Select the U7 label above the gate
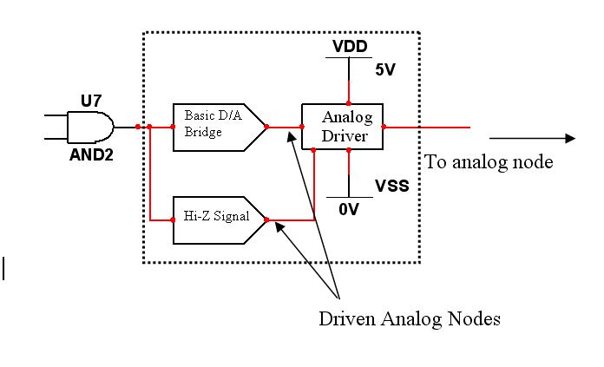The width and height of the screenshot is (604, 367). [91, 101]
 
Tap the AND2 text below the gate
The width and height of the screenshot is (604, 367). [91, 158]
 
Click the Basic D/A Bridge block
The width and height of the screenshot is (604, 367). [217, 127]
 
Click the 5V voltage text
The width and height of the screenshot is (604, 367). [385, 70]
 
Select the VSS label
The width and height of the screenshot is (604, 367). [391, 186]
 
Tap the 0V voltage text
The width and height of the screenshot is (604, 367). [348, 209]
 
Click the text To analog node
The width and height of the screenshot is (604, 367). [488, 162]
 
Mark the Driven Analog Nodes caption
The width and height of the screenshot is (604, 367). [409, 319]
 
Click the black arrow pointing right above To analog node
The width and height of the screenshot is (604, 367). [531, 138]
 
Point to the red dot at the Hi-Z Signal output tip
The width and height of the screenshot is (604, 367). [266, 220]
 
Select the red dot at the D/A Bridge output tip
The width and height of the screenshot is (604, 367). [266, 127]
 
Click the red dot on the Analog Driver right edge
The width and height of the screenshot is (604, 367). [384, 127]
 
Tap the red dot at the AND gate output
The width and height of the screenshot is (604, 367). [137, 127]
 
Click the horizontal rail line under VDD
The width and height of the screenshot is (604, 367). [348, 57]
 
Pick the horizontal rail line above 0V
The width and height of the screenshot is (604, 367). [348, 197]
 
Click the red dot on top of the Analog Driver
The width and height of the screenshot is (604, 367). [348, 103]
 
